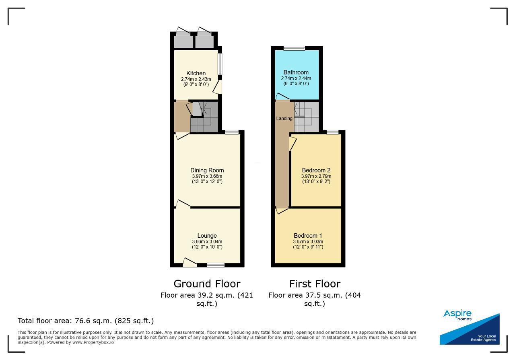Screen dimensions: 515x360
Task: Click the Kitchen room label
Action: pyautogui.click(x=196, y=73)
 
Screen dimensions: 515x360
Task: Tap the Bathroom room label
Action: pyautogui.click(x=296, y=72)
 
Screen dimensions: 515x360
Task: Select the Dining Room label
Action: pyautogui.click(x=207, y=170)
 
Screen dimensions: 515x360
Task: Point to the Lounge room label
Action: pyautogui.click(x=207, y=236)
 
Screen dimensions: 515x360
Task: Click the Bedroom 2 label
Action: pyautogui.click(x=316, y=170)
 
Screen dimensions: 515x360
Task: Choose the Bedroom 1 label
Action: pyautogui.click(x=308, y=236)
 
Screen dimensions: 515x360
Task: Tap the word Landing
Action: pyautogui.click(x=284, y=118)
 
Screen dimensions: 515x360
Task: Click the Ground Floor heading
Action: pyautogui.click(x=207, y=284)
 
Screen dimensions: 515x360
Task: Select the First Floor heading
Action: pyautogui.click(x=315, y=284)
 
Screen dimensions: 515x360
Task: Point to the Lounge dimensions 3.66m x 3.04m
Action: pyautogui.click(x=207, y=242)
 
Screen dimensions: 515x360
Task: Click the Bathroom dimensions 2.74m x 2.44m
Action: pyautogui.click(x=296, y=78)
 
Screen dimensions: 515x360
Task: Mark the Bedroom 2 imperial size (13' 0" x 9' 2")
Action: pyautogui.click(x=316, y=181)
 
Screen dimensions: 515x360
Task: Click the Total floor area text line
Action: pyautogui.click(x=86, y=321)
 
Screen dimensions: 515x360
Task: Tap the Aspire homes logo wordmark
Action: pyautogui.click(x=457, y=315)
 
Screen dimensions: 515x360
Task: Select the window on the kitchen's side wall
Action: pyautogui.click(x=220, y=64)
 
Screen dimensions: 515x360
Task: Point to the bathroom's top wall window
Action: pyautogui.click(x=294, y=48)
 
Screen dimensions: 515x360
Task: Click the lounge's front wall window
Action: pyautogui.click(x=216, y=265)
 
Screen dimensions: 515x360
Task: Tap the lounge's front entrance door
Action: pyautogui.click(x=190, y=263)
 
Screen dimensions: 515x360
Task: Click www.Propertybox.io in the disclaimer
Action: pyautogui.click(x=93, y=343)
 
